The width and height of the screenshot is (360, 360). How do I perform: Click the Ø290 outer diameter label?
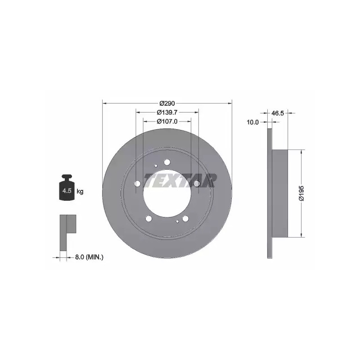click(x=167, y=103)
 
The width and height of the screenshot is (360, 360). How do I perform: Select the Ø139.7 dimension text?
click(x=167, y=112)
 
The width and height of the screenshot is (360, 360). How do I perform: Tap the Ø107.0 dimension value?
click(x=167, y=121)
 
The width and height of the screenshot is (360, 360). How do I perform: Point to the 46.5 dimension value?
click(x=278, y=113)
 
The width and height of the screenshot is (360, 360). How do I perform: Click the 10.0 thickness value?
click(x=253, y=122)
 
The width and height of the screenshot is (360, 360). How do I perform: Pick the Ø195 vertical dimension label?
click(x=301, y=193)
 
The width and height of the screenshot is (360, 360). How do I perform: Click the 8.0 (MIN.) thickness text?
click(x=89, y=257)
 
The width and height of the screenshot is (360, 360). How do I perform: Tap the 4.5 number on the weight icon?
click(x=67, y=190)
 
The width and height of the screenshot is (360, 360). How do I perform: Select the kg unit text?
click(x=80, y=191)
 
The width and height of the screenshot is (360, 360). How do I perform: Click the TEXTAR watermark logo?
click(x=180, y=180)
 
